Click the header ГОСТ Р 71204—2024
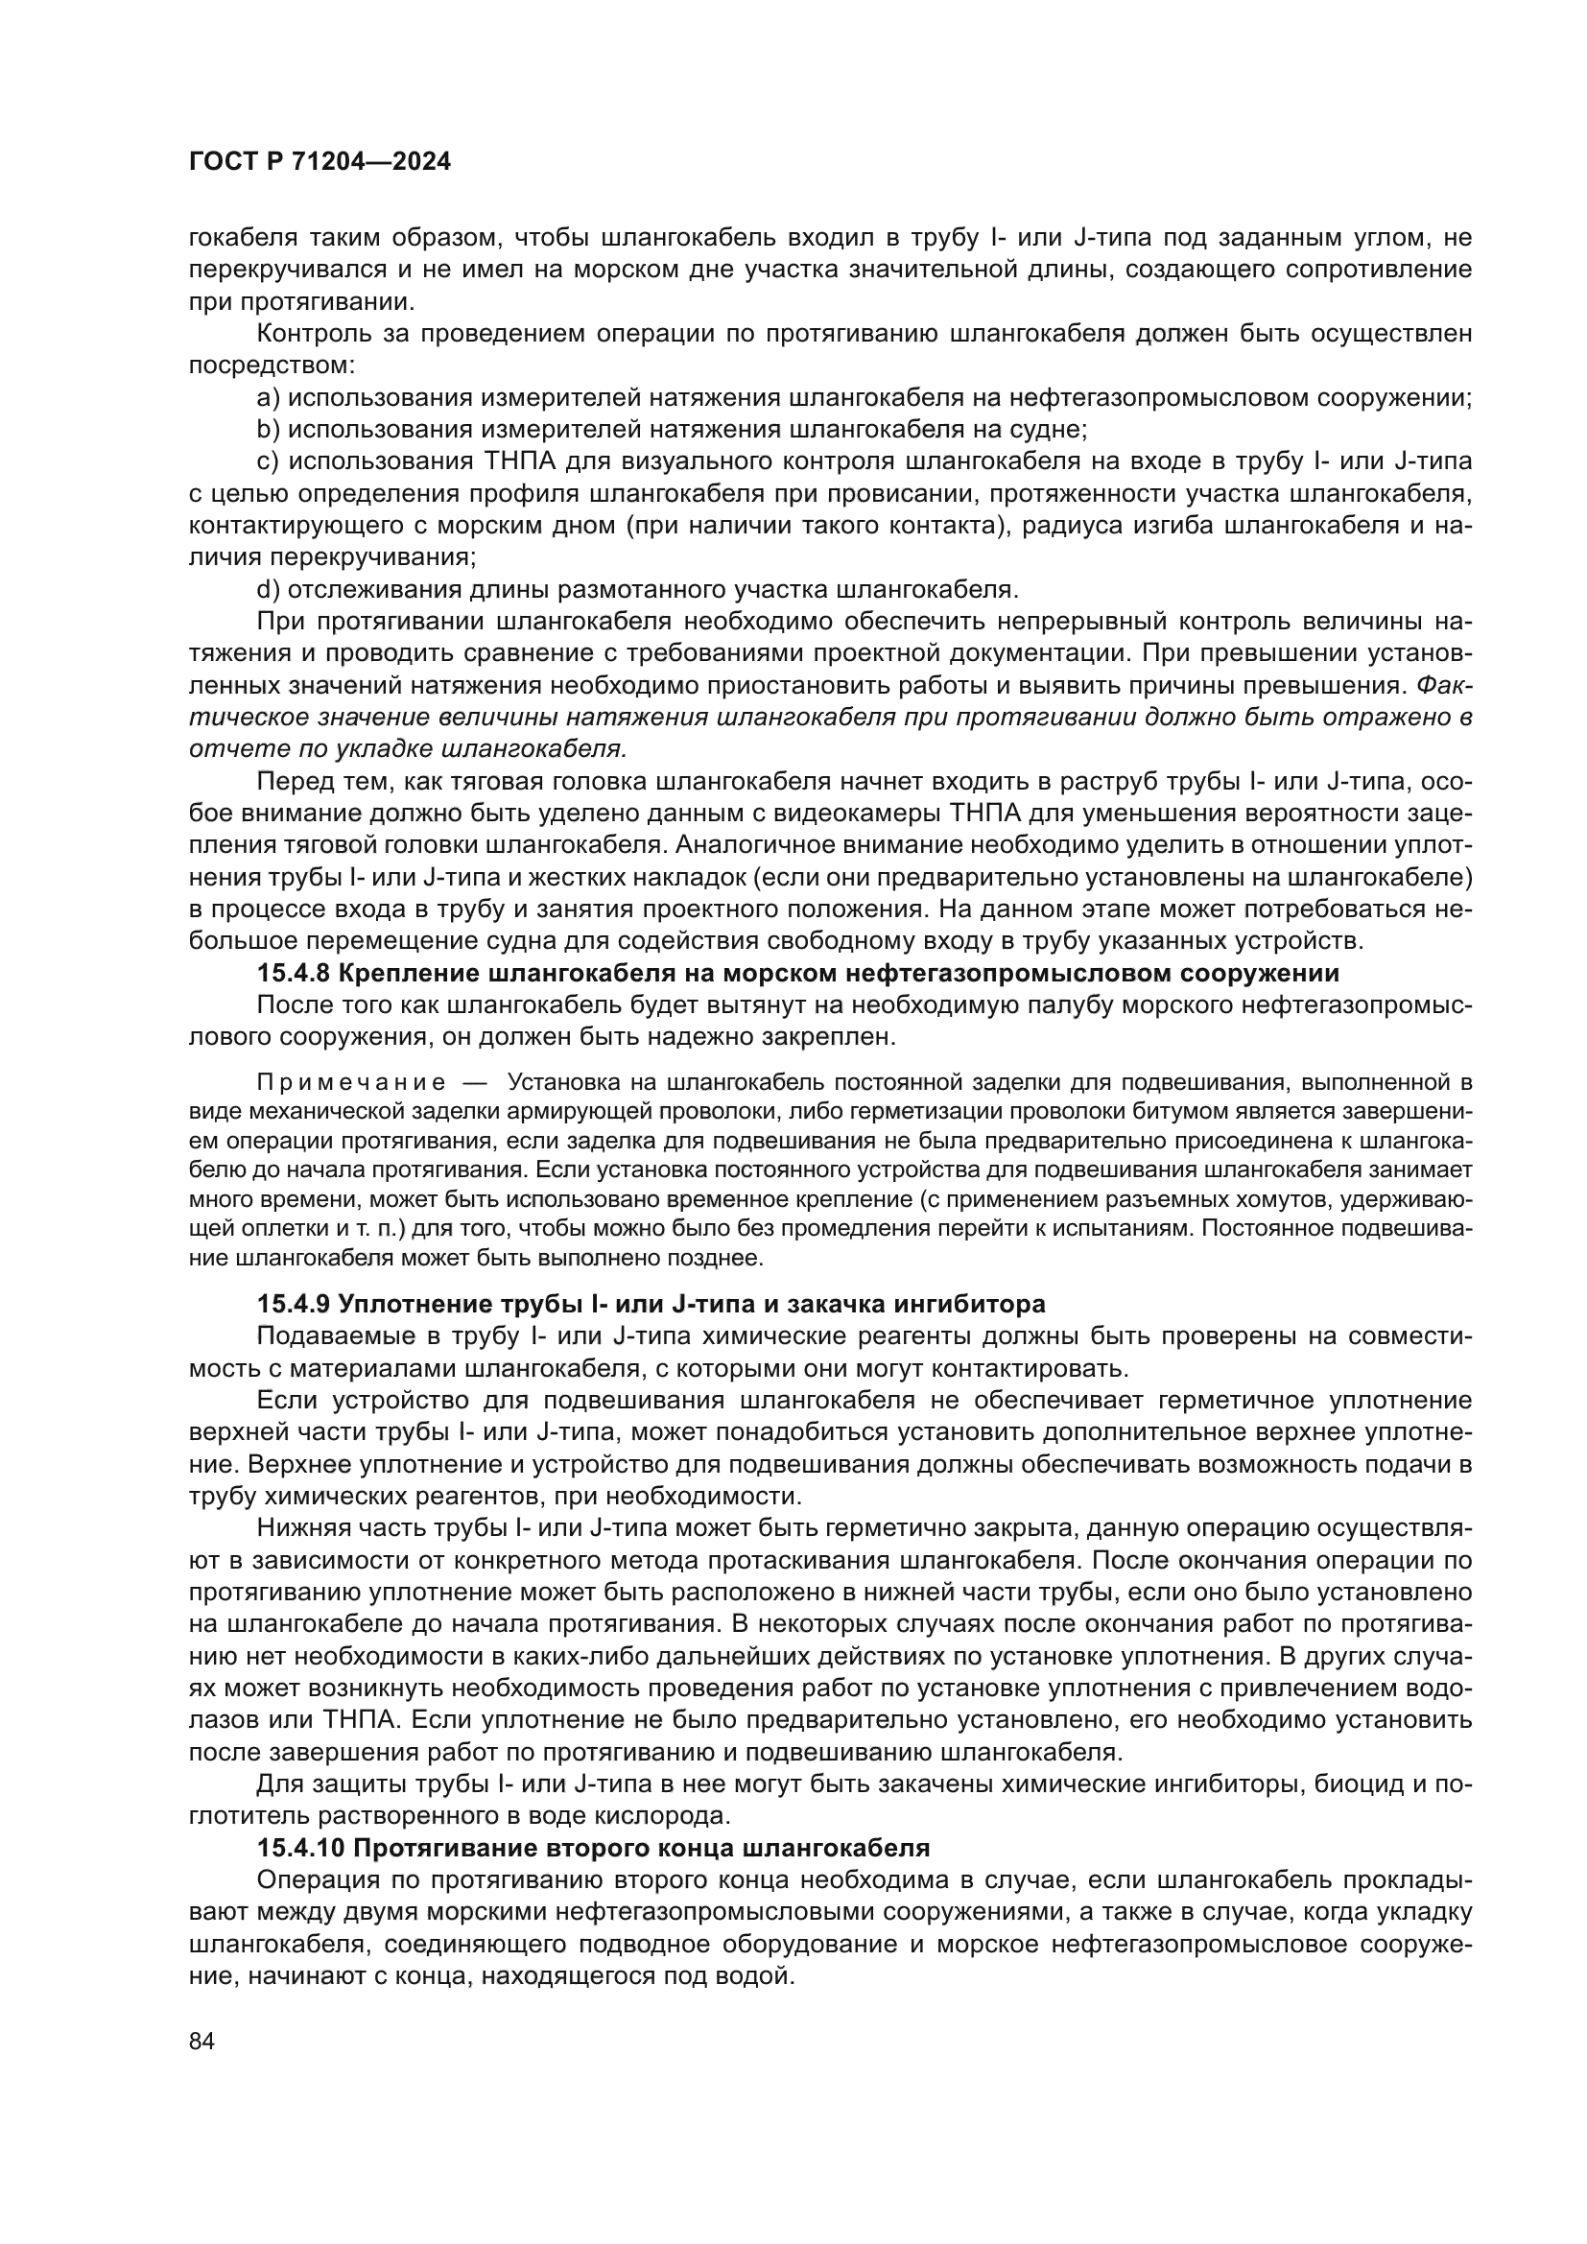click(320, 163)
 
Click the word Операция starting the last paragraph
click(317, 1880)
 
